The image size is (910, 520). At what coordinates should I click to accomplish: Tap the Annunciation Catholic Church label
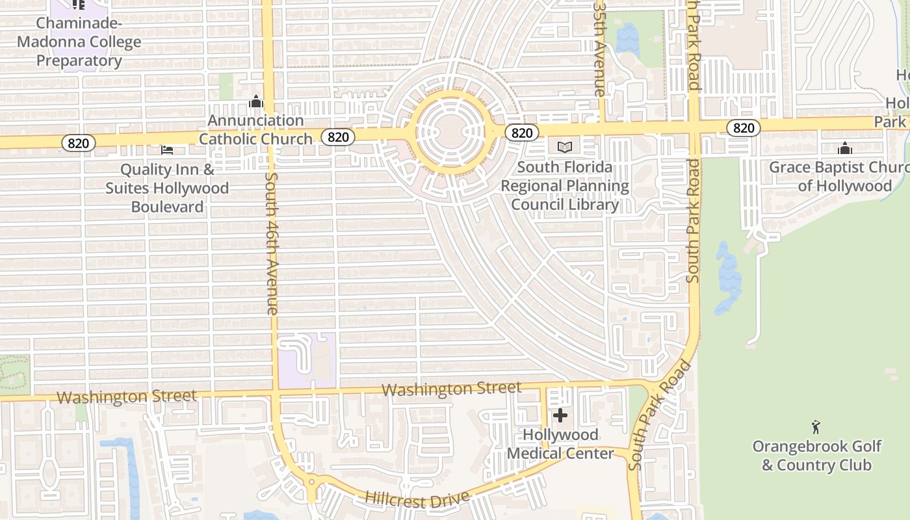255,129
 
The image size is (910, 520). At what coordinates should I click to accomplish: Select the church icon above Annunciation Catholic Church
255,101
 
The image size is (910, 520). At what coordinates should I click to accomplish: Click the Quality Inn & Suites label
167,188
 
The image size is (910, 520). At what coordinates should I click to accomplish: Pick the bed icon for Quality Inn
167,150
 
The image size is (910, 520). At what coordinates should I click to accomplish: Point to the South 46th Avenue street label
272,243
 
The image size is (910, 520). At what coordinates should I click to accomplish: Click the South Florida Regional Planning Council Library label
565,186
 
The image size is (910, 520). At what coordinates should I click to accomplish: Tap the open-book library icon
564,148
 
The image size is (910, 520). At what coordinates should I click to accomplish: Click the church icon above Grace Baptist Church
845,148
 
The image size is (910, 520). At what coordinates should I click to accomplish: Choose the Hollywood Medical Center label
560,444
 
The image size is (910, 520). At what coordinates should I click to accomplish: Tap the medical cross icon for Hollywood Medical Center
560,415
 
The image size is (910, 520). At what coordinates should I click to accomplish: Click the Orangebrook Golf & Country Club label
816,456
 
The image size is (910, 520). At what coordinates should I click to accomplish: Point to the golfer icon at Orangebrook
816,427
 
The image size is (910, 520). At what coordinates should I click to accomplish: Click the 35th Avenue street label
600,48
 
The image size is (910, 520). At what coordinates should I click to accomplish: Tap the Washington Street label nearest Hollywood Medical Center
451,389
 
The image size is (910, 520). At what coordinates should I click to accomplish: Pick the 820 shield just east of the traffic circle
521,133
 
